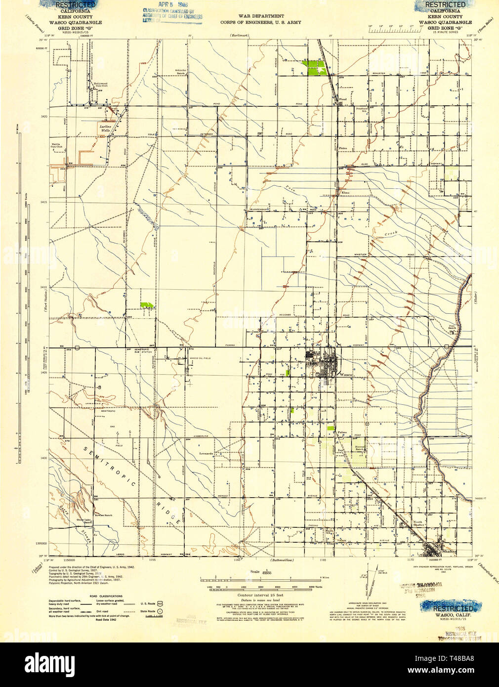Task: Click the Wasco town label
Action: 345,375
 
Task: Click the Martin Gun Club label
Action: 56,146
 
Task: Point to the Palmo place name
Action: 342,432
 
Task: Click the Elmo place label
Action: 345,192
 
